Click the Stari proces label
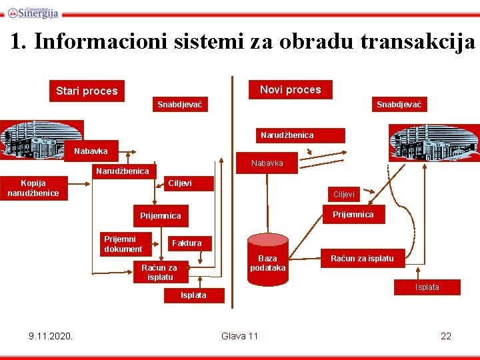[x=87, y=91]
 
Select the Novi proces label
[x=290, y=89]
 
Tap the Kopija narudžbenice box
[x=33, y=188]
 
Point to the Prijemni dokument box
[x=123, y=244]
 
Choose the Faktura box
[x=187, y=243]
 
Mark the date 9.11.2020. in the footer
[x=51, y=335]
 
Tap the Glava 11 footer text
[x=239, y=335]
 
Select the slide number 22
[x=446, y=335]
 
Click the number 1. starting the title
[x=19, y=42]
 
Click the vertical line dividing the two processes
[x=233, y=200]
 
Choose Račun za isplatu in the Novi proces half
[x=362, y=258]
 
